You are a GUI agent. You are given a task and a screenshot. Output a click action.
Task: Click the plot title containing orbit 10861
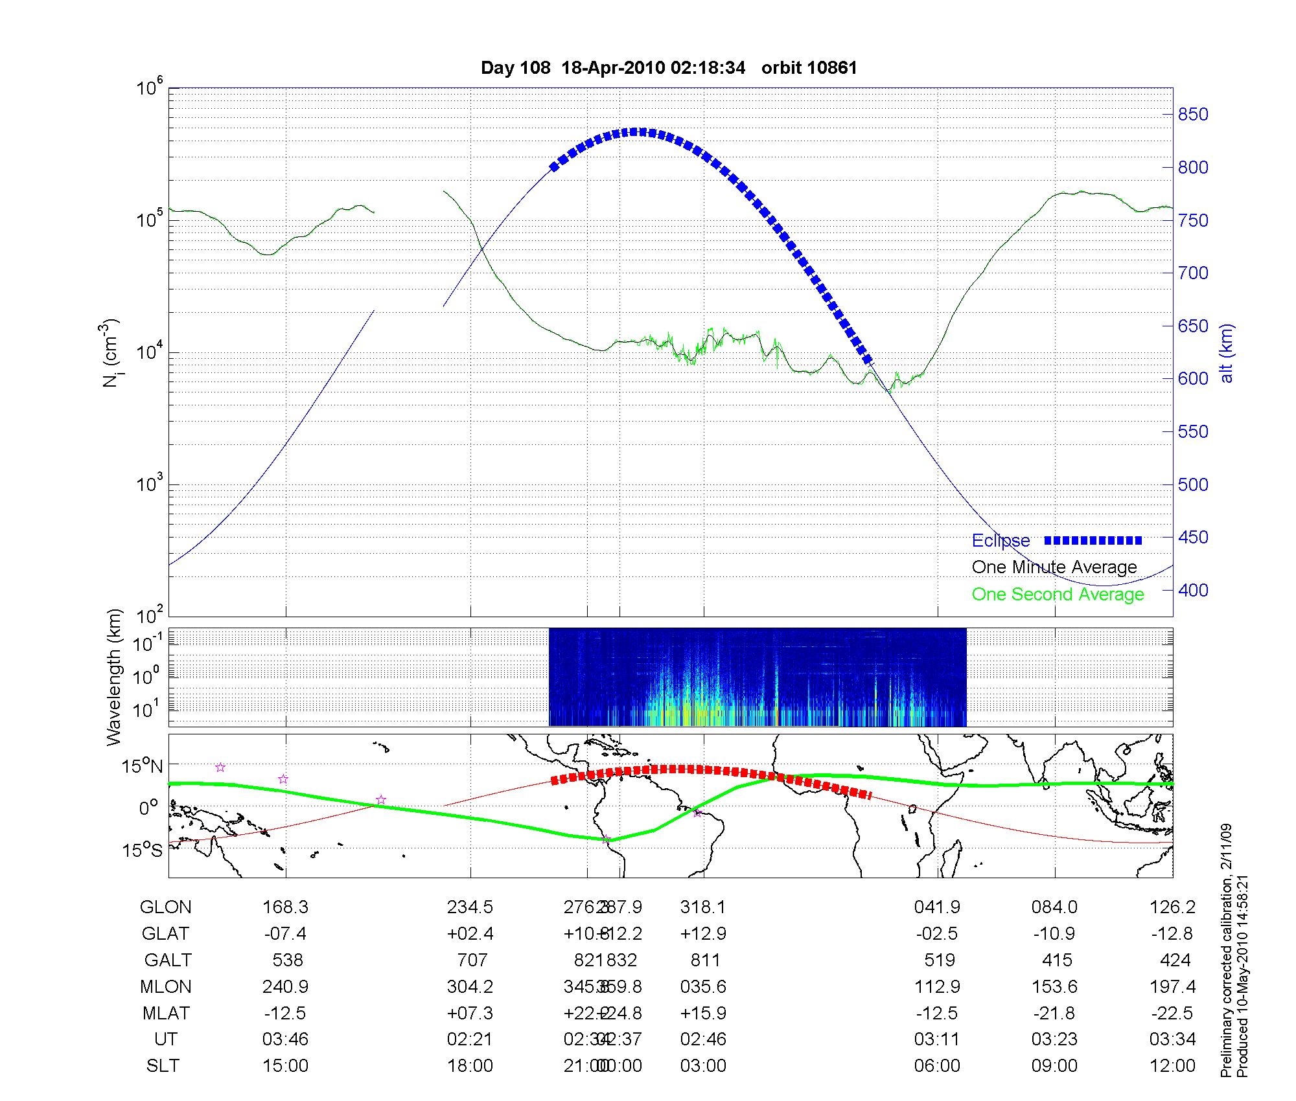tap(669, 68)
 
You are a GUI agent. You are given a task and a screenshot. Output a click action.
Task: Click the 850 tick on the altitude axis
tap(1192, 115)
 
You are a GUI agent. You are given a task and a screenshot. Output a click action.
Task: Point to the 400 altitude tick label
tap(1192, 590)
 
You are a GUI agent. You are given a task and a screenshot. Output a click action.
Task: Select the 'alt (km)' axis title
tap(1227, 353)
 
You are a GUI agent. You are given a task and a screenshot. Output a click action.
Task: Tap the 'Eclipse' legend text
tap(1001, 541)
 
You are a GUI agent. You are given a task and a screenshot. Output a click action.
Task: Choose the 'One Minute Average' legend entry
tap(1054, 567)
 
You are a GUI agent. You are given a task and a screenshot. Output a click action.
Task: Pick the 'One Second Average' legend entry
tap(1058, 595)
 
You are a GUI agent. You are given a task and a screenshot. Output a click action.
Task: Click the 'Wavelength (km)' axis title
tap(114, 677)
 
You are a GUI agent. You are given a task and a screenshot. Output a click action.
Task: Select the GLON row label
tap(165, 907)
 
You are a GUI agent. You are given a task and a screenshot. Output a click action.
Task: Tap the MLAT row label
tap(166, 1013)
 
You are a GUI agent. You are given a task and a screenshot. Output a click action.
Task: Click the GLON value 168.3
tap(285, 907)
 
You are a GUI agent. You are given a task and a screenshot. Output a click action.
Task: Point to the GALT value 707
tap(470, 960)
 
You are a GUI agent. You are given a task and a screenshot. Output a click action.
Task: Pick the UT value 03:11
tap(937, 1039)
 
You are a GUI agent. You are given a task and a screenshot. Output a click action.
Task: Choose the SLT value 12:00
tap(1172, 1066)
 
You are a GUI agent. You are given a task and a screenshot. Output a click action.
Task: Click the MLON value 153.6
tap(1054, 987)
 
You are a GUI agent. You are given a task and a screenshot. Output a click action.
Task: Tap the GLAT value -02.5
tap(937, 934)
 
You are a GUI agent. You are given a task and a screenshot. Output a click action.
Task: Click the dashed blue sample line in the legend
tap(1093, 540)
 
